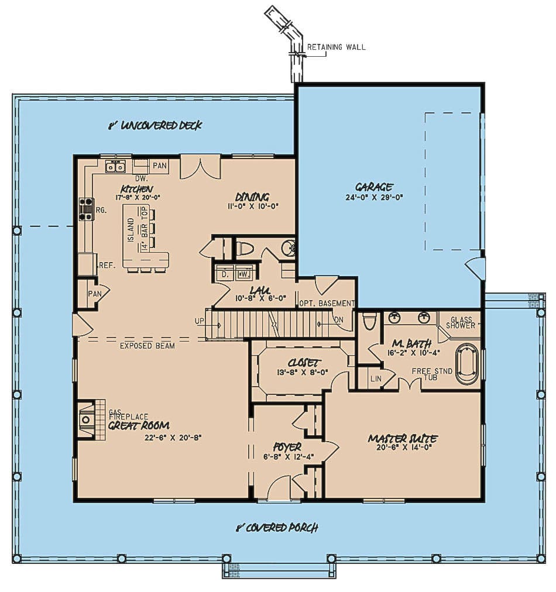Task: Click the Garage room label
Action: [373, 187]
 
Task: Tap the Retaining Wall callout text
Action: [337, 47]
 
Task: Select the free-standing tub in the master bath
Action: [467, 364]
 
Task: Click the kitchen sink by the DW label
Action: [115, 167]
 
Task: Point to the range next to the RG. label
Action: [85, 209]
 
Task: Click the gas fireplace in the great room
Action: [87, 419]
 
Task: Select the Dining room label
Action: [252, 197]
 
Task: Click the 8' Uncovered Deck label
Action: [155, 125]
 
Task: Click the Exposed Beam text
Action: [147, 346]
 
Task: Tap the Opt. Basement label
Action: [327, 303]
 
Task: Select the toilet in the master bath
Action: [369, 321]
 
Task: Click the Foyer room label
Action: [287, 447]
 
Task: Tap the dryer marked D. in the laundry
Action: [224, 273]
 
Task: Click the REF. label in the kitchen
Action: [107, 265]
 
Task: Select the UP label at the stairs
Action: [200, 321]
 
